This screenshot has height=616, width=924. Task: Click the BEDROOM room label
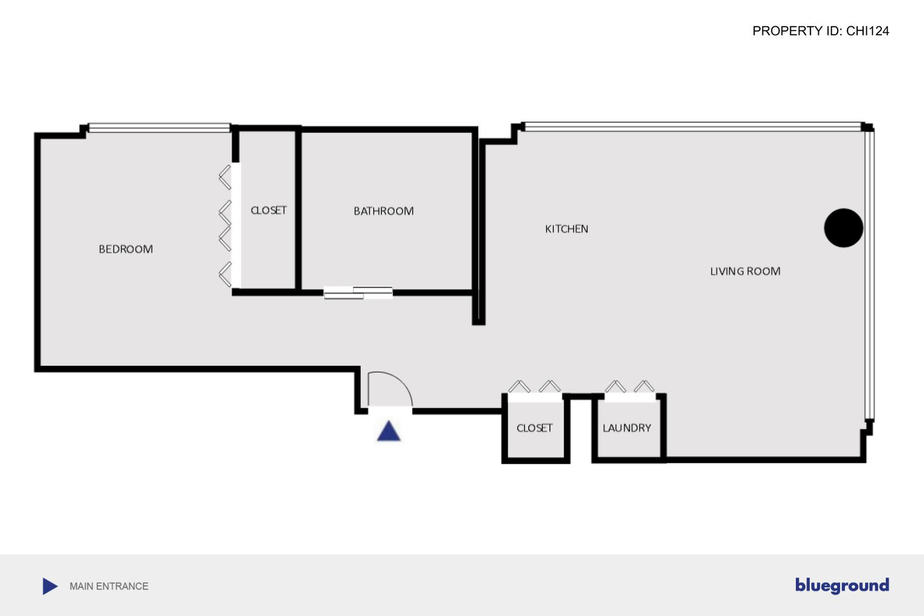126,249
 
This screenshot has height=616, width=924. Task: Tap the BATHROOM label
384,211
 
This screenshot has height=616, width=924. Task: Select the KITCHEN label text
567,229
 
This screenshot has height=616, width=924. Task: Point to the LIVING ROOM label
745,271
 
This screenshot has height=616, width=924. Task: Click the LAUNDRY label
627,428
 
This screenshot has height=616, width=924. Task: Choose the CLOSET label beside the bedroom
269,210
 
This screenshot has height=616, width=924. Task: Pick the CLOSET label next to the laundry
534,428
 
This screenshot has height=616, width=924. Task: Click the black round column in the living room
844,228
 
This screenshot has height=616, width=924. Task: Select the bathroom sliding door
358,292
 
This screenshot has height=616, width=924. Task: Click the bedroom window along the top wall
159,128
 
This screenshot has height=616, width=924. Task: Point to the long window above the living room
692,126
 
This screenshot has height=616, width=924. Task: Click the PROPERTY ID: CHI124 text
821,31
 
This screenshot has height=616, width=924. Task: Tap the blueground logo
842,586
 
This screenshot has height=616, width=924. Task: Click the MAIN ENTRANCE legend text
109,586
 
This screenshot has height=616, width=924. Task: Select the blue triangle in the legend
49,586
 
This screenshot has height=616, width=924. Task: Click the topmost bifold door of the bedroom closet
225,178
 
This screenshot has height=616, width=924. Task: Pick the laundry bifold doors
630,387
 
